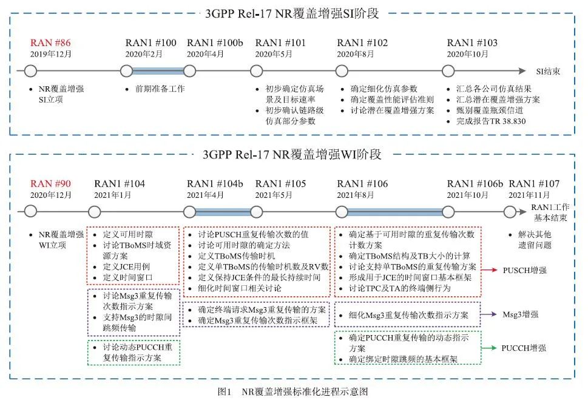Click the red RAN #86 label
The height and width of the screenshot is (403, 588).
(x=51, y=42)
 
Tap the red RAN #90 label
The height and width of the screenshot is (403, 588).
(x=51, y=184)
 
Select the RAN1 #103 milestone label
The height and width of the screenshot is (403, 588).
(x=471, y=42)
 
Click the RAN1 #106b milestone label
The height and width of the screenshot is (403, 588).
(x=475, y=184)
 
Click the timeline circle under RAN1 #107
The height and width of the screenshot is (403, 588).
(x=510, y=212)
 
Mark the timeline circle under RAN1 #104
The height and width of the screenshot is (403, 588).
(x=94, y=212)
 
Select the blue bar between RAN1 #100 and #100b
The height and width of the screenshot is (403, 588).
(x=158, y=71)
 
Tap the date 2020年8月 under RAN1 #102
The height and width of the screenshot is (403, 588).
(x=355, y=53)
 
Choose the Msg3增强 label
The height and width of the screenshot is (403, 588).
(x=521, y=314)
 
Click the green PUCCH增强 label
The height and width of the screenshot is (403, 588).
(x=524, y=348)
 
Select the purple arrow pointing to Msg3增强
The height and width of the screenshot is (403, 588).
(x=489, y=314)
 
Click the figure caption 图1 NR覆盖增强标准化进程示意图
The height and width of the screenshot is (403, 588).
(x=293, y=392)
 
